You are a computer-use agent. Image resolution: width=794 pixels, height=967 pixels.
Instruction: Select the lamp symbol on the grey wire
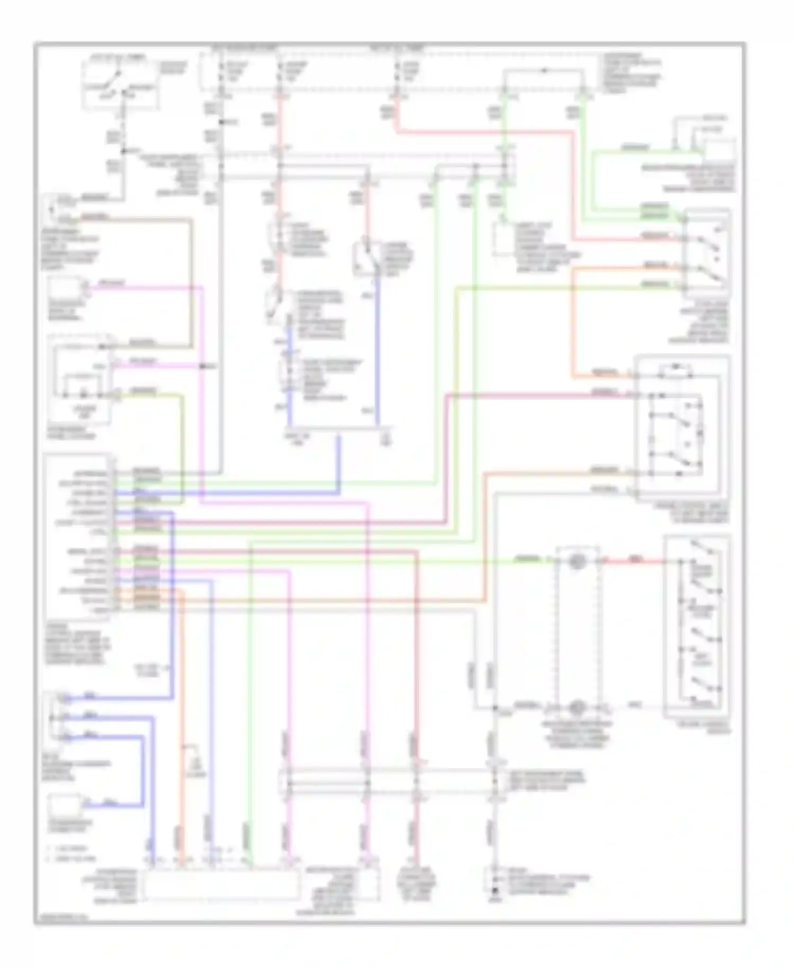(576, 707)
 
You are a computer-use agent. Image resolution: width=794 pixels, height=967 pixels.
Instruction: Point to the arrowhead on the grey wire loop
(544, 70)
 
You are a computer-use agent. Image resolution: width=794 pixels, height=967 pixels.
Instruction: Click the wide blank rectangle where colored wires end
(221, 885)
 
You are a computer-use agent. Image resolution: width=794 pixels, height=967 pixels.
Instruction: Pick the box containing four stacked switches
(697, 627)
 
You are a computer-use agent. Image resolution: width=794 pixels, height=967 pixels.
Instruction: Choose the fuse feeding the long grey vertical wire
(221, 74)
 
